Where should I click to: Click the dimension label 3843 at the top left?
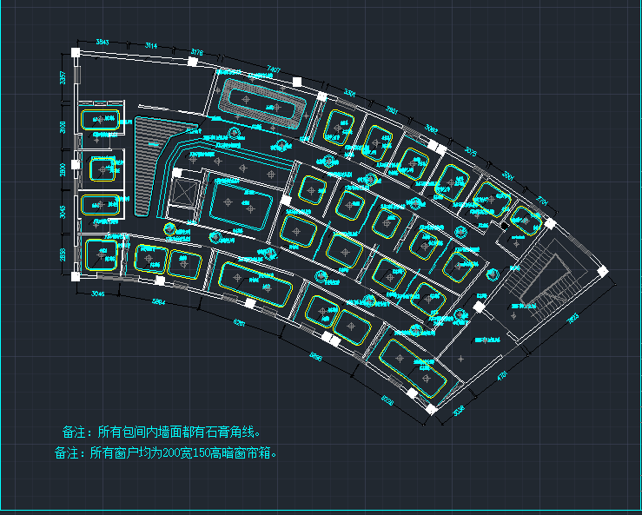point(103,42)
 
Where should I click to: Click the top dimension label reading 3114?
point(150,45)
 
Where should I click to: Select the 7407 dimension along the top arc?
point(273,69)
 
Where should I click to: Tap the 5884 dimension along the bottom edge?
point(159,302)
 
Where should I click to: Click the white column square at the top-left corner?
point(76,52)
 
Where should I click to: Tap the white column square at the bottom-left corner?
point(76,276)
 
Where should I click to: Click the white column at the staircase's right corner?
point(601,272)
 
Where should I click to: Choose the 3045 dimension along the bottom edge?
point(97,294)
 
